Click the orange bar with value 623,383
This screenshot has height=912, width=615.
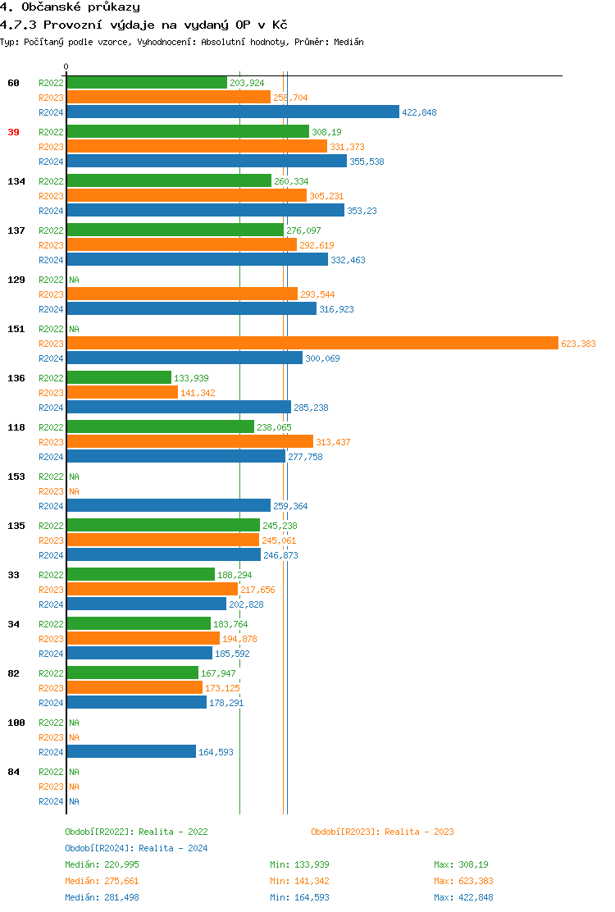312,344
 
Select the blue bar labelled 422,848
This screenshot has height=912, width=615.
233,112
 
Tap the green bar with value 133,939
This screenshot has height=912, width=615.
119,378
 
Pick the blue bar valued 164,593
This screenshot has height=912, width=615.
131,752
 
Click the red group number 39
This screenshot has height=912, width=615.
13,132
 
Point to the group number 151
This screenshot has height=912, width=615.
16,329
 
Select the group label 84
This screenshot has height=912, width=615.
13,772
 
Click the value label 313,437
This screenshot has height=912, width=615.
333,442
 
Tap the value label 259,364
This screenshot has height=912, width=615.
290,506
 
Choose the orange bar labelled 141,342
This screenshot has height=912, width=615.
122,393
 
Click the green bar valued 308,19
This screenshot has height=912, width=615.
188,132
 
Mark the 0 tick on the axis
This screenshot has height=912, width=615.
66,66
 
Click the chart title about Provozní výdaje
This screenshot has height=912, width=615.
143,25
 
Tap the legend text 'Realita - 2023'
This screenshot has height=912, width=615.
419,832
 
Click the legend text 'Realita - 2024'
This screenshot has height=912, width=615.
173,848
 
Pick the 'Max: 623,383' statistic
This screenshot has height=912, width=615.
463,881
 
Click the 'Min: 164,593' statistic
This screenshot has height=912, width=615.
299,897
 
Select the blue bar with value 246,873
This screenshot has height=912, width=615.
163,555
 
